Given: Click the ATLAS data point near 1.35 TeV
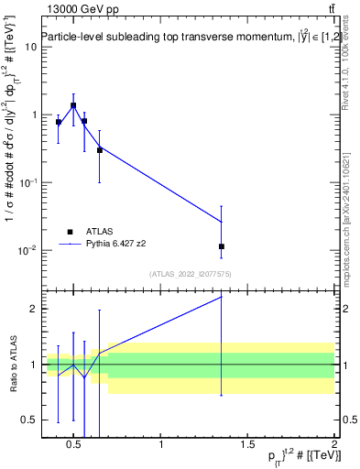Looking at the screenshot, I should tap(222, 246).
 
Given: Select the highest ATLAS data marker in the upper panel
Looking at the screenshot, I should tap(73, 105).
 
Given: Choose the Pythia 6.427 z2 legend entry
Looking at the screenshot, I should tap(116, 245).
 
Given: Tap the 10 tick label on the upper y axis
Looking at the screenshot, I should tap(29, 47).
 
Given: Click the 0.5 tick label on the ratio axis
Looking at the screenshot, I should tap(28, 420).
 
